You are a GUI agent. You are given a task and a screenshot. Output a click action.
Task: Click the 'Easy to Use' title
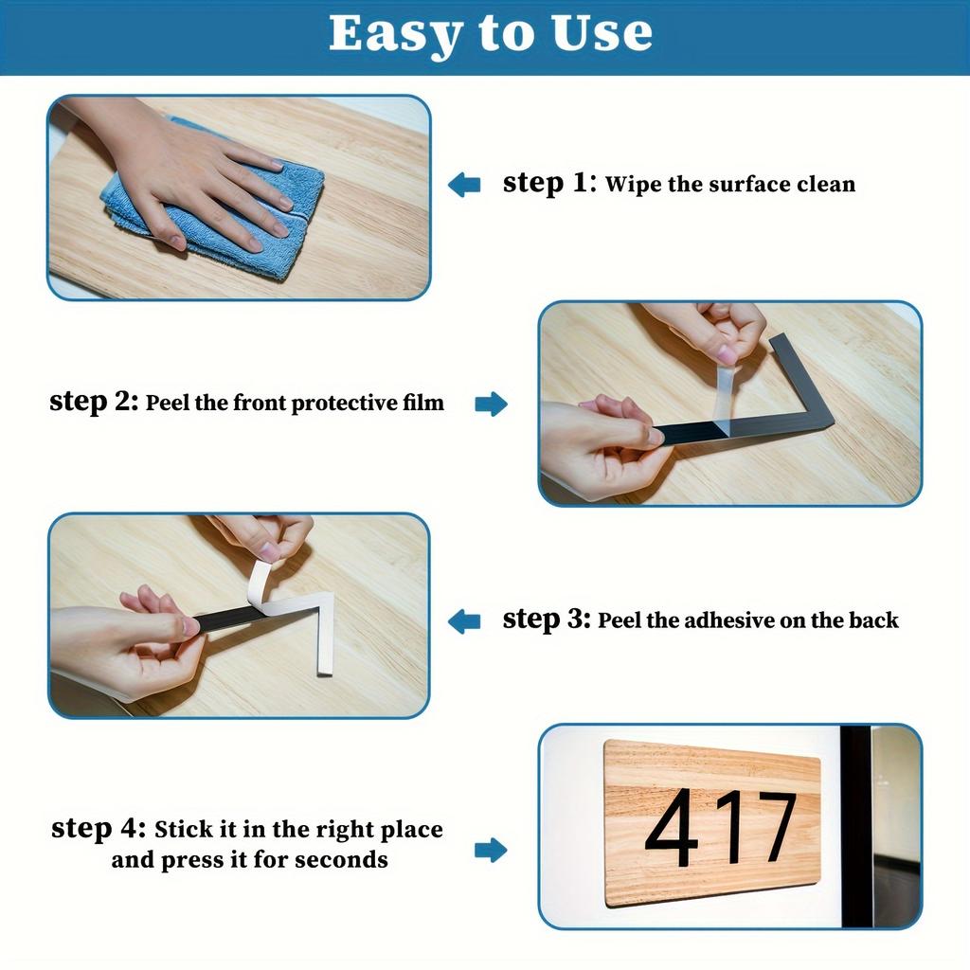(490, 34)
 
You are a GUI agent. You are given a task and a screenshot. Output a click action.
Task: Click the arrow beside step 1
(464, 184)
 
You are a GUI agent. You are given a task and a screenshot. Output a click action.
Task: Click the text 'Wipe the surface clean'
(729, 184)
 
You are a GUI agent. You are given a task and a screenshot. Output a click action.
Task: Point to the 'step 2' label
(93, 402)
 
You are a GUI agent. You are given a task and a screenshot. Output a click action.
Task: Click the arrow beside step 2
(491, 404)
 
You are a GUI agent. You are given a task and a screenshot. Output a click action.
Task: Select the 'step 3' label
(546, 620)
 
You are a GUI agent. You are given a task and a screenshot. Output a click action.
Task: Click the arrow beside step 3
(464, 621)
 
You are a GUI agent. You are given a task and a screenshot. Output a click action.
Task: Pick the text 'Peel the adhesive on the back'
(747, 620)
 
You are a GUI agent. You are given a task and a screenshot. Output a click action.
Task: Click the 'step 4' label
(98, 829)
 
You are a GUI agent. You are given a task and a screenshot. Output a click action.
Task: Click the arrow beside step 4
(491, 850)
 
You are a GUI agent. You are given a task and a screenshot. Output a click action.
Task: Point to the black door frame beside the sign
(856, 824)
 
